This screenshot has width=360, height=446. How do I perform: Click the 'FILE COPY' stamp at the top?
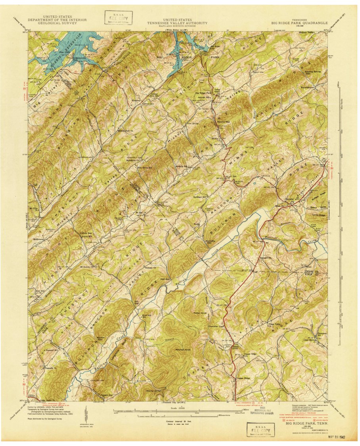pos(119,17)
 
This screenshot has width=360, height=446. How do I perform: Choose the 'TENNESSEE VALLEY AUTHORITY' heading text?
pos(178,23)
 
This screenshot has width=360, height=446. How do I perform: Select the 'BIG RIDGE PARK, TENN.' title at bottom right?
pos(307,423)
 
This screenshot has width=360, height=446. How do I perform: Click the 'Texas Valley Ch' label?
pos(286,325)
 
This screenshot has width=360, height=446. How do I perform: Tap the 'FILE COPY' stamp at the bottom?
pos(260,430)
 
